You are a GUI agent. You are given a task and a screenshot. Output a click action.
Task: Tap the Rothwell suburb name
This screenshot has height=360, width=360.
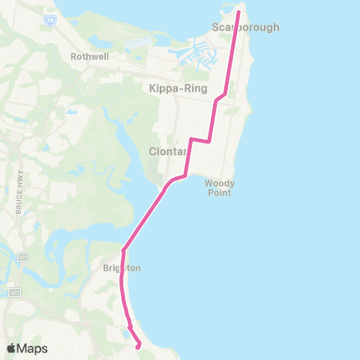coord(90,55)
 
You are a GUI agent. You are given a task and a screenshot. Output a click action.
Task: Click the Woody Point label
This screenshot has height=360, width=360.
coord(220,187)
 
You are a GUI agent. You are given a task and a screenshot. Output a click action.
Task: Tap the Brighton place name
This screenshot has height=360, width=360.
coord(122,268)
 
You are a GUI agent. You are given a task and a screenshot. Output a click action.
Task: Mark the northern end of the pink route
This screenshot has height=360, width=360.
coord(239,12)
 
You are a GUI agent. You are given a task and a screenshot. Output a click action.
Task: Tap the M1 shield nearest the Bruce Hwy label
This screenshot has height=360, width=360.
coord(22,257)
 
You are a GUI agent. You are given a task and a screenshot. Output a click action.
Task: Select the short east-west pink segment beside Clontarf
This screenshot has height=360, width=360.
coord(199,140)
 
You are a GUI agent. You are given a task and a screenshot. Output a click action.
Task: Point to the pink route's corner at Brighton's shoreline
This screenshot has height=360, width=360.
coord(123,250)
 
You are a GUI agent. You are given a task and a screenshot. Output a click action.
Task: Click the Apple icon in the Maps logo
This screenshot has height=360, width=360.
coord(11,348)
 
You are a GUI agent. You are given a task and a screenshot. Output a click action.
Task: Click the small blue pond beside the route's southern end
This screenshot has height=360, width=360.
coord(124,331)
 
